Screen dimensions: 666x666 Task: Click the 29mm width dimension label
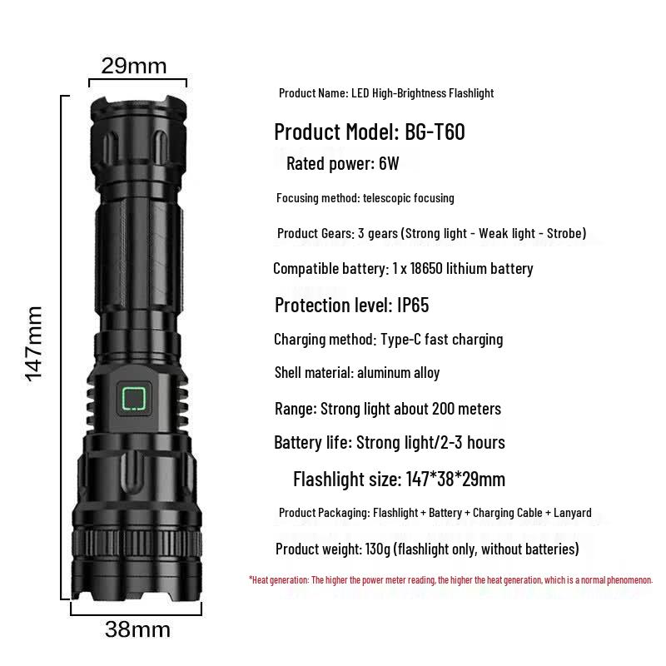[134, 67]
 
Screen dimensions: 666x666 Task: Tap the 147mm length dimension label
[34, 344]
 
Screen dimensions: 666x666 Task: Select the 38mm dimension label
[137, 629]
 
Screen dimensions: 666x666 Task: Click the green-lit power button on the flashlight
[134, 399]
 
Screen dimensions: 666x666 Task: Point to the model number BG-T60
[435, 132]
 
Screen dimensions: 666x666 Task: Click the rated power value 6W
[389, 163]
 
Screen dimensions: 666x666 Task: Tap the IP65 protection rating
[413, 305]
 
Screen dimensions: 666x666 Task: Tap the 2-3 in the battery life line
[451, 443]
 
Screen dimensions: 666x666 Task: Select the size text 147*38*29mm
[455, 480]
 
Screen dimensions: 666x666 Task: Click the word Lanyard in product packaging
[574, 513]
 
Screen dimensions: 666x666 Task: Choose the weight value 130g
[378, 549]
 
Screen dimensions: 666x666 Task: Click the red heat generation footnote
[450, 579]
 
